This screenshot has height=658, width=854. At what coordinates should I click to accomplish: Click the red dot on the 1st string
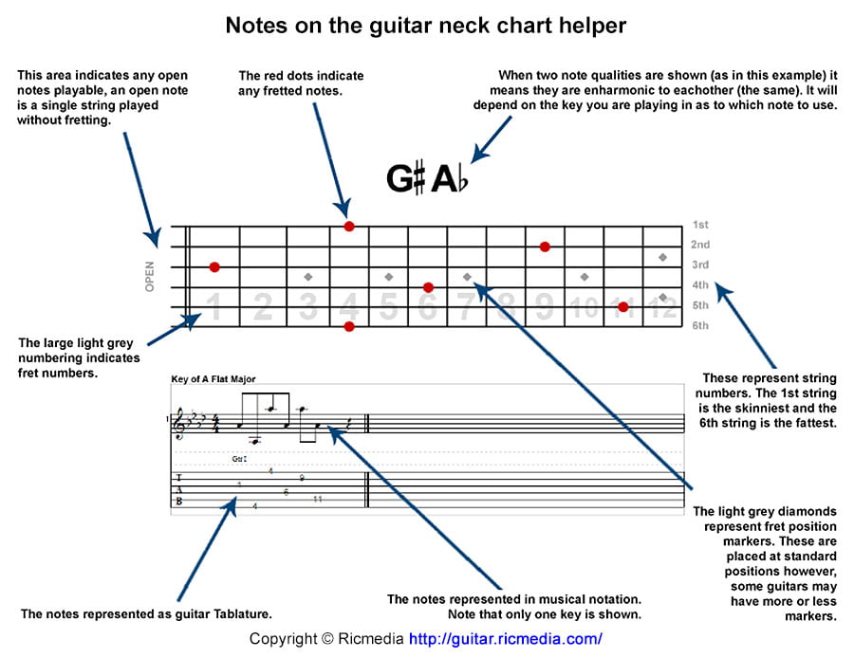349,226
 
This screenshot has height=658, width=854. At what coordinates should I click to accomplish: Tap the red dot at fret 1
214,267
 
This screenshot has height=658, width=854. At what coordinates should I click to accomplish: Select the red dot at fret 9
545,247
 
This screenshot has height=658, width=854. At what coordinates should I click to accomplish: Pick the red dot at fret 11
622,306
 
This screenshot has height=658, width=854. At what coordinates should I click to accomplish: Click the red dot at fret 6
428,286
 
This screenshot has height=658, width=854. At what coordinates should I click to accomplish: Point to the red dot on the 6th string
349,326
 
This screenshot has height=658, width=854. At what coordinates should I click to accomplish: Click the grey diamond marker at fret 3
308,277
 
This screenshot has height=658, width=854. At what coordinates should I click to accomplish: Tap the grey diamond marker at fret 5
389,277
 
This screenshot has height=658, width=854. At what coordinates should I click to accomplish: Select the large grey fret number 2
263,306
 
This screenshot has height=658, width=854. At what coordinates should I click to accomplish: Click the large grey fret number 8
506,306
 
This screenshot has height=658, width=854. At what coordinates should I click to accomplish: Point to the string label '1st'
700,226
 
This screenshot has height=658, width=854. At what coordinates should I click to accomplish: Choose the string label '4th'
700,285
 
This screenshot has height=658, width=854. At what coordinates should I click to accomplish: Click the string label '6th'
700,326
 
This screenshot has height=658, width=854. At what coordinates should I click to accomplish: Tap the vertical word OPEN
150,276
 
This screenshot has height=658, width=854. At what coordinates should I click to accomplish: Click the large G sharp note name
406,178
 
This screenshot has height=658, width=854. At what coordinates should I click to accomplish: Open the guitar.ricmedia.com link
505,639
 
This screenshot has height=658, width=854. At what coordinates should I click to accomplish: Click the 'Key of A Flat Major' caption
213,379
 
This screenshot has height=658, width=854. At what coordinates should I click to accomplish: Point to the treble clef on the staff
179,425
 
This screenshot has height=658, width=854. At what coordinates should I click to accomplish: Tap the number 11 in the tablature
317,499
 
